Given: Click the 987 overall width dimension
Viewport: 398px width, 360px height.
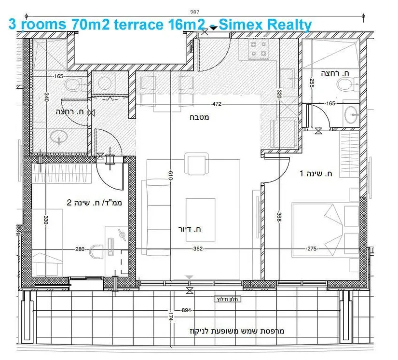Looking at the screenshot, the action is (195, 12).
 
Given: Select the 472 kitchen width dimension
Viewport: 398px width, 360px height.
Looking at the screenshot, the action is (217, 104).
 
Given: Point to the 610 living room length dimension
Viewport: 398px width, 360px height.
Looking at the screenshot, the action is (171, 176).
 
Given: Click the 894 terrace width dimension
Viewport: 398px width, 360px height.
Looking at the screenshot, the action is (186, 310).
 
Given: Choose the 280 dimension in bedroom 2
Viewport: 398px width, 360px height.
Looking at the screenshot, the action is (80, 249).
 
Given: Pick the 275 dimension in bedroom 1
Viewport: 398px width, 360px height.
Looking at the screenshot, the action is (312, 249).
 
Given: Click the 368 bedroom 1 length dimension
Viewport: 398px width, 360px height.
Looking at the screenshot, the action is (279, 217).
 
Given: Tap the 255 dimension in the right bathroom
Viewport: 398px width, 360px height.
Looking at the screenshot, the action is (312, 83).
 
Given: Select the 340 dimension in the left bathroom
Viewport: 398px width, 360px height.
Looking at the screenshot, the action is (46, 97).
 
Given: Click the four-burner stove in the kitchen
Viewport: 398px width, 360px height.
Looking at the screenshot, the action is (259, 50).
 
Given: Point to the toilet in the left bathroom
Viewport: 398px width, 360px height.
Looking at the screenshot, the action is (75, 84).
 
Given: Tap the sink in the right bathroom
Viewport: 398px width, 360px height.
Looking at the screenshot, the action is (352, 115).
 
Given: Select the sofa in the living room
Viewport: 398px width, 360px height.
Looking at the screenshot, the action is (156, 217).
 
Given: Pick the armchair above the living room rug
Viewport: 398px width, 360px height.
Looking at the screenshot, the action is (196, 164).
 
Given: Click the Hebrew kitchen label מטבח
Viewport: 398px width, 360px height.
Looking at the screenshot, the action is (200, 117).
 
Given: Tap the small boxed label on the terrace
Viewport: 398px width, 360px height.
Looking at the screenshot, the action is (227, 299).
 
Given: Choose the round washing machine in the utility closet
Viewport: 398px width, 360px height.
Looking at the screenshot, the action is (105, 83).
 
